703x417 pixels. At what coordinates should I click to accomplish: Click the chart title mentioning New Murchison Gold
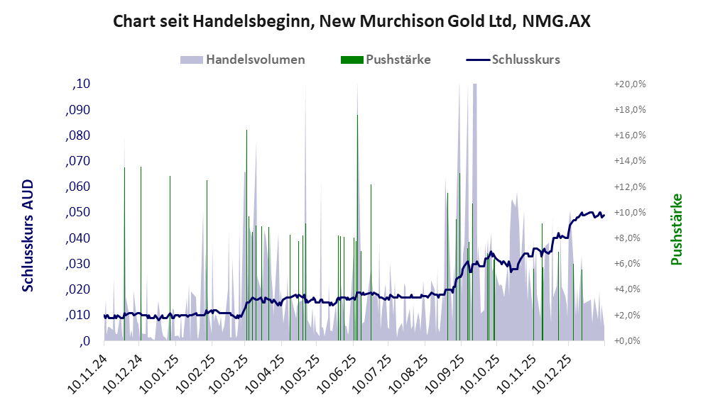pos(351,22)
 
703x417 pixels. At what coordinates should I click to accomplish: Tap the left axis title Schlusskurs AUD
pos(28,236)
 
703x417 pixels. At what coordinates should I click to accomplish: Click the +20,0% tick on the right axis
pos(629,84)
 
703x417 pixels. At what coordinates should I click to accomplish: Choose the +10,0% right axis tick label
pos(629,213)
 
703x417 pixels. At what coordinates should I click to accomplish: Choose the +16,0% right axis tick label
pos(629,135)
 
